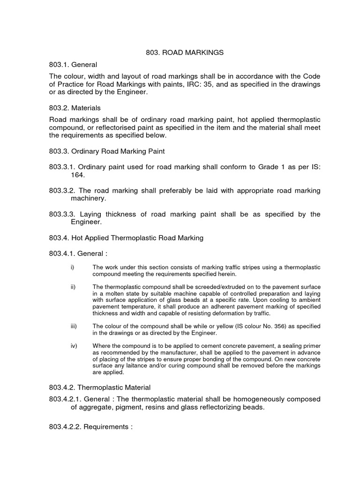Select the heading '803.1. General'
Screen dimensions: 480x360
(73, 64)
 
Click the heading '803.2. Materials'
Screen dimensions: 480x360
(75, 108)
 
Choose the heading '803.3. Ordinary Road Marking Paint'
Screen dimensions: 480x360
(106, 151)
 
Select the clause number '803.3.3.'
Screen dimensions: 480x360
(62, 214)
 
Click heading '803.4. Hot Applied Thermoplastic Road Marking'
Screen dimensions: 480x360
(126, 238)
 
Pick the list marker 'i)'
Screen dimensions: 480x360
(72, 267)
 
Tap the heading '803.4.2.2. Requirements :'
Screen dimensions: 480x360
(91, 427)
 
